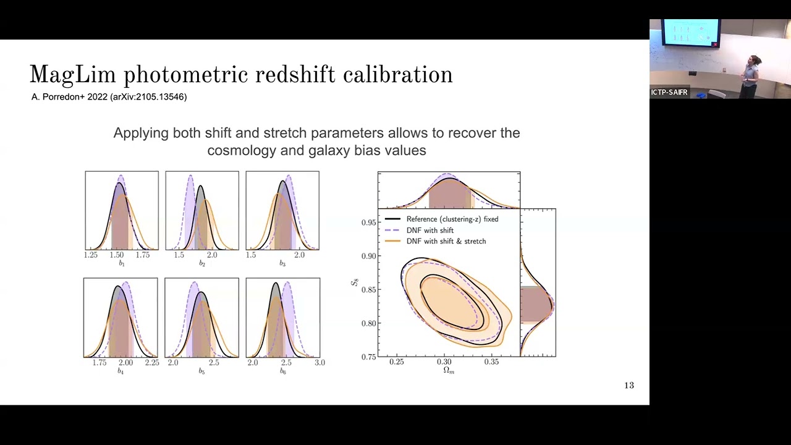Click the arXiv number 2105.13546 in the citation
[x=159, y=97]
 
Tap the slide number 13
[x=629, y=386]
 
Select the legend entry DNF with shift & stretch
[x=446, y=242]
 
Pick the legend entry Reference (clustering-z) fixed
[x=452, y=219]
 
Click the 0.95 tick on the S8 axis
[x=368, y=222]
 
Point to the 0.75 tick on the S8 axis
[x=368, y=357]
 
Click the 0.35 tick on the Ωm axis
[x=491, y=362]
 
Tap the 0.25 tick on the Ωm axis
[x=397, y=362]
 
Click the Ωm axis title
[x=449, y=371]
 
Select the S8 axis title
[x=355, y=282]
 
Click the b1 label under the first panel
[x=122, y=264]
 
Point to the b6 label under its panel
[x=282, y=371]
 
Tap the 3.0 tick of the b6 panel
[x=319, y=363]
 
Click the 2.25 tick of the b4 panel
[x=152, y=363]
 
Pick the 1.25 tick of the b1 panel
[x=91, y=255]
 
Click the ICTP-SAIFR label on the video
[x=669, y=93]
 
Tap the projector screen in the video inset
[x=690, y=32]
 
